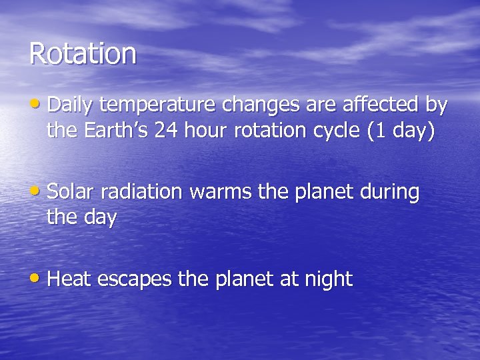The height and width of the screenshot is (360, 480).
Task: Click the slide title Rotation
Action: point(83,53)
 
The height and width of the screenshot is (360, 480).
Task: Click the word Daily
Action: point(70,105)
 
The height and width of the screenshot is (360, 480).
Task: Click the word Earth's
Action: point(117,131)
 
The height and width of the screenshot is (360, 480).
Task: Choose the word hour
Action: point(206,131)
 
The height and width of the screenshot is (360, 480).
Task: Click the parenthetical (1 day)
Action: point(401,131)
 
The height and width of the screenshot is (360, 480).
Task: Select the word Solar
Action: point(71,192)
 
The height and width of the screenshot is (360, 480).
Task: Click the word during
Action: point(389,193)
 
